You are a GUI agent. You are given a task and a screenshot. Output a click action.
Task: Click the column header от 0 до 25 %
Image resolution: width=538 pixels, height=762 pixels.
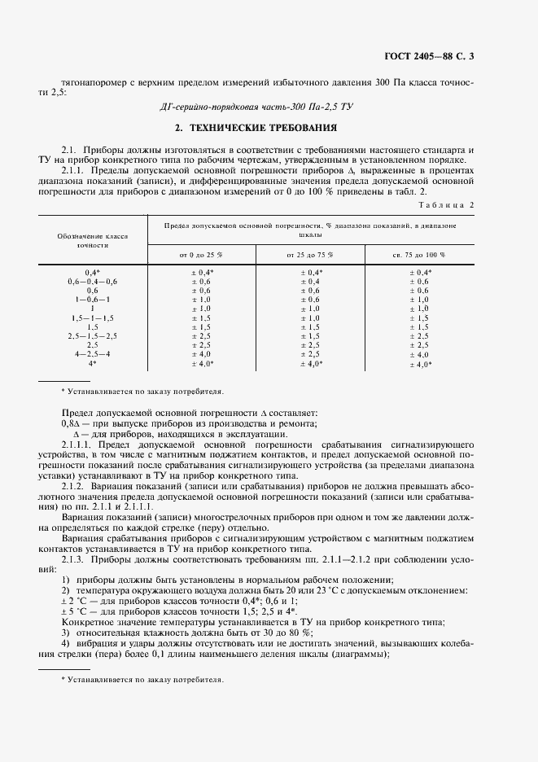(x=200, y=255)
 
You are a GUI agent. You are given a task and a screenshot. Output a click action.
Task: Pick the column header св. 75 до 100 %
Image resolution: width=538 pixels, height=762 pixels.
(x=420, y=255)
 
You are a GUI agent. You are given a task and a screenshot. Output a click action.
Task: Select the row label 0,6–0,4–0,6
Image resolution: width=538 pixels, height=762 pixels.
(x=92, y=281)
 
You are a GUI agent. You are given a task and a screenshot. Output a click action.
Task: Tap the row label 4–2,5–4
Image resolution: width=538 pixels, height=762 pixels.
(x=92, y=354)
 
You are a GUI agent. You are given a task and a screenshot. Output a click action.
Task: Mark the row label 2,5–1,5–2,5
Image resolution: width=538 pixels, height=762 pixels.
(x=92, y=335)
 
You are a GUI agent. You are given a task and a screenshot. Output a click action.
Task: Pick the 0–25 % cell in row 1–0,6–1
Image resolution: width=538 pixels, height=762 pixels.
(x=200, y=300)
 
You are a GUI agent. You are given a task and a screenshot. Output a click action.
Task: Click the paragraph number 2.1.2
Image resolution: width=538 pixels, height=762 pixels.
(x=74, y=486)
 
